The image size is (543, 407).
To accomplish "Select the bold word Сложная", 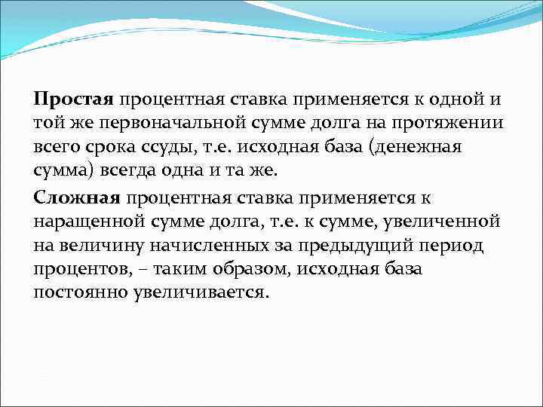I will tap(77, 198).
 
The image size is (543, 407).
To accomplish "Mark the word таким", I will tap(178, 271).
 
